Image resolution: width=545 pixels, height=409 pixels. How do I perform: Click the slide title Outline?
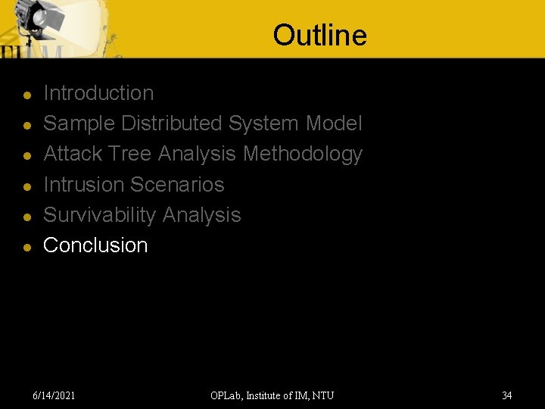tap(319, 36)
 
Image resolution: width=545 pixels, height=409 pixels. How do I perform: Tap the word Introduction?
tap(98, 93)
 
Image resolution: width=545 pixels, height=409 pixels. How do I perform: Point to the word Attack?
tap(73, 154)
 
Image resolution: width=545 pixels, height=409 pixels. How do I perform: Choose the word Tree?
tap(130, 154)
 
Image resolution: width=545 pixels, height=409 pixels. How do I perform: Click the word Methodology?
tap(303, 154)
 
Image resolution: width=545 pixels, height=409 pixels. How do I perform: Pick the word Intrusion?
tap(83, 184)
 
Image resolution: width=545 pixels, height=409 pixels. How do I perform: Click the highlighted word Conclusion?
tap(95, 245)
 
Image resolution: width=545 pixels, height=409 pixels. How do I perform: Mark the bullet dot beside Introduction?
tap(26, 95)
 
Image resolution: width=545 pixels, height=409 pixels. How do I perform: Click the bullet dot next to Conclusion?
tap(26, 247)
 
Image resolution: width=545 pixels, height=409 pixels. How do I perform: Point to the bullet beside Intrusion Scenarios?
tap(26, 186)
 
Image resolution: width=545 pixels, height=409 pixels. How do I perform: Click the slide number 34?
tap(507, 395)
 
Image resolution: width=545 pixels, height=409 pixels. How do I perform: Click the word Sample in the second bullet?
tap(79, 123)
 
